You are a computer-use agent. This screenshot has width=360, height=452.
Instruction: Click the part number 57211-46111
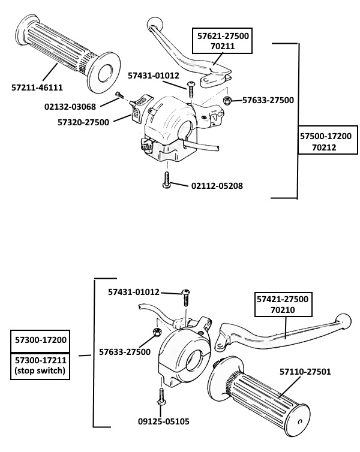click(37, 88)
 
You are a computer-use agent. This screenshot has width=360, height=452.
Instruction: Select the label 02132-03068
click(70, 107)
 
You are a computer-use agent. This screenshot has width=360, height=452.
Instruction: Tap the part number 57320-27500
click(83, 122)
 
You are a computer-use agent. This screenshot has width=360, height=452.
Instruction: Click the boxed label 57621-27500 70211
click(223, 41)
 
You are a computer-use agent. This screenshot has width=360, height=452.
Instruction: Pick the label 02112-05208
click(217, 186)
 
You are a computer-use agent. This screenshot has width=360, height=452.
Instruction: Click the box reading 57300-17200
click(40, 340)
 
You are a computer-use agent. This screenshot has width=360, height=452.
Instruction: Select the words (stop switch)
click(40, 370)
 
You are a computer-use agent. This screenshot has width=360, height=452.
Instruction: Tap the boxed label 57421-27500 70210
click(283, 304)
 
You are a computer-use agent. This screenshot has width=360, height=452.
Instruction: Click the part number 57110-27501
click(305, 372)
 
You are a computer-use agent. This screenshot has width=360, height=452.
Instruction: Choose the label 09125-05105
click(164, 421)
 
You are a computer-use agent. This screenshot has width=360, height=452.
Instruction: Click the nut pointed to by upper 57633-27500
click(227, 101)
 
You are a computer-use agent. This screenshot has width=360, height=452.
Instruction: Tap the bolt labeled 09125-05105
click(161, 397)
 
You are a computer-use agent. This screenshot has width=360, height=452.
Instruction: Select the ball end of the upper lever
click(155, 24)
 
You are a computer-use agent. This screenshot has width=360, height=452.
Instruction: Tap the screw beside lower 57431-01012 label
click(186, 298)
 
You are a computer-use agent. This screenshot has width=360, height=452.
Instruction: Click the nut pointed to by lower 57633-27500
click(157, 332)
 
